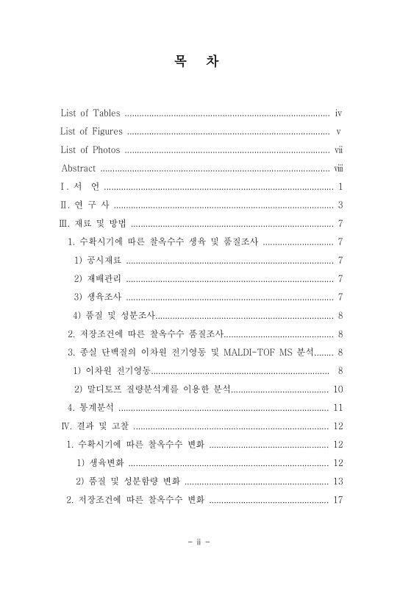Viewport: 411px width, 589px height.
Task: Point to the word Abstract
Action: pos(78,169)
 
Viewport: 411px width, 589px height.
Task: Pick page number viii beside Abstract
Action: pos(339,169)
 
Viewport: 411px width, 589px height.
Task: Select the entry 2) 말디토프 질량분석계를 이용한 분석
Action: pos(152,389)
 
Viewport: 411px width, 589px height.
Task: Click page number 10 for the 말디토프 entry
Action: pos(338,389)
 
